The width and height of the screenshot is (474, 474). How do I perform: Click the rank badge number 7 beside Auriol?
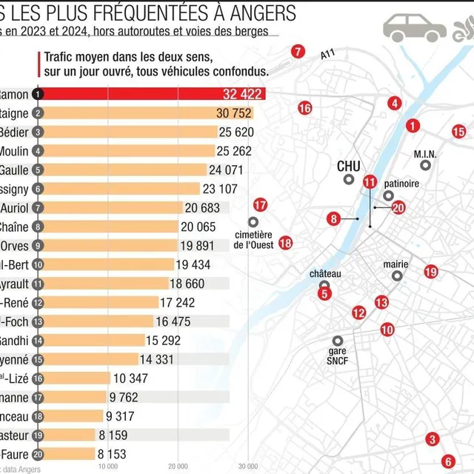click(38, 207)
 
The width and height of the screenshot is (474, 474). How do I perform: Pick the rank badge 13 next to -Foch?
click(38, 321)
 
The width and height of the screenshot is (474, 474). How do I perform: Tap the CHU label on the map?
click(348, 167)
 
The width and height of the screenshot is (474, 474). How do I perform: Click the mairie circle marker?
click(397, 276)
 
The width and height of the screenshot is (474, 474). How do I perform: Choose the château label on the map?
click(325, 274)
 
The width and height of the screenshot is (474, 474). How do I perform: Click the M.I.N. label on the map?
click(425, 154)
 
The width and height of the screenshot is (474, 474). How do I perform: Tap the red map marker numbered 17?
click(259, 205)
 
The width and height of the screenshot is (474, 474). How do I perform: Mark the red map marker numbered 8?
click(334, 218)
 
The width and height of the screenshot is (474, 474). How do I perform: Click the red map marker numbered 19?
click(431, 272)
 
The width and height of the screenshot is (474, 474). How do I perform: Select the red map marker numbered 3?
click(432, 439)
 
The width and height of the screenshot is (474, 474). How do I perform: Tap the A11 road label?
click(328, 55)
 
